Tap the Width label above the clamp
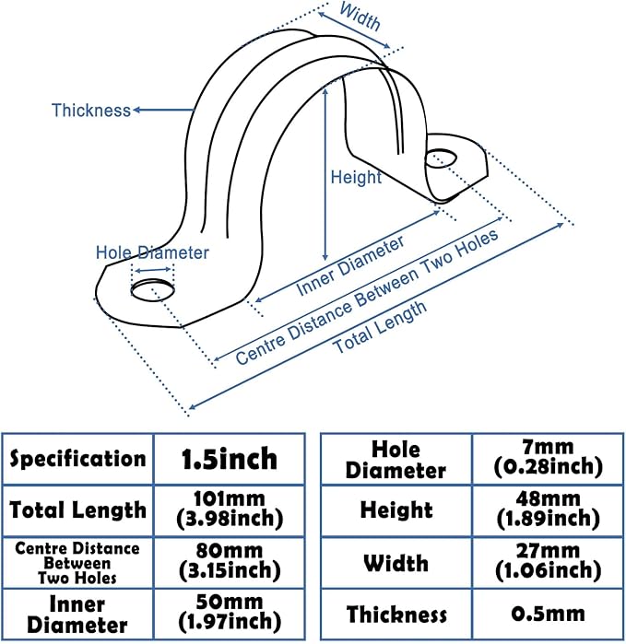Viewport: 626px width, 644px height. click(x=360, y=17)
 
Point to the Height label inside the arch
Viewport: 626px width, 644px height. click(x=355, y=177)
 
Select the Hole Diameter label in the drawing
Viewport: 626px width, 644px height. click(x=153, y=252)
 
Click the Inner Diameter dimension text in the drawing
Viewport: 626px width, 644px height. click(x=350, y=266)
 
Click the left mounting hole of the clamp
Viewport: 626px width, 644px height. click(x=151, y=292)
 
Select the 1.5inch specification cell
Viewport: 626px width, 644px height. click(x=229, y=458)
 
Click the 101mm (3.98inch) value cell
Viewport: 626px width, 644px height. click(x=229, y=509)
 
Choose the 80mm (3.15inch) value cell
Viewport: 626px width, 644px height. click(x=229, y=563)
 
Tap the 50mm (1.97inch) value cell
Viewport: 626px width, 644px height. click(x=229, y=614)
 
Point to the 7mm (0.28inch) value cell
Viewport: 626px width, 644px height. click(x=548, y=458)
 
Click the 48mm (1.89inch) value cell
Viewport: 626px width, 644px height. click(x=548, y=509)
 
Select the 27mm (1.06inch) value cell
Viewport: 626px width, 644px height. click(x=548, y=563)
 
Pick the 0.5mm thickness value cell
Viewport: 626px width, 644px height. click(x=548, y=614)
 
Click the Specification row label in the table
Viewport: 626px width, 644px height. click(x=78, y=458)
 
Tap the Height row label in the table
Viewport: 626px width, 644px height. click(x=396, y=509)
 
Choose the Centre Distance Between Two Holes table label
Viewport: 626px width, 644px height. click(x=78, y=563)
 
